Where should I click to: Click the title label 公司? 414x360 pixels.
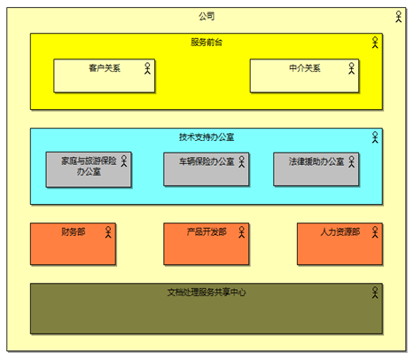pyautogui.click(x=207, y=16)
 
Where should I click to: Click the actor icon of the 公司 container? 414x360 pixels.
pyautogui.click(x=399, y=17)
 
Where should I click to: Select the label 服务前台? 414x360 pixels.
pyautogui.click(x=207, y=43)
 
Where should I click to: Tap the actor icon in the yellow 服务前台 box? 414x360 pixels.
pyautogui.click(x=375, y=43)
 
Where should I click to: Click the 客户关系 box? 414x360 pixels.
pyautogui.click(x=105, y=76)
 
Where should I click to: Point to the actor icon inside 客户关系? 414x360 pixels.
pyautogui.click(x=147, y=68)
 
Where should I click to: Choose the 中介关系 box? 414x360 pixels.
pyautogui.click(x=304, y=76)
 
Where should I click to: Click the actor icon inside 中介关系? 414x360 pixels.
pyautogui.click(x=351, y=68)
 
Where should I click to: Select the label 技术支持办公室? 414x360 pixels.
pyautogui.click(x=207, y=137)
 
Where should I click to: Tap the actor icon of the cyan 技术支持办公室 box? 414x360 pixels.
pyautogui.click(x=375, y=137)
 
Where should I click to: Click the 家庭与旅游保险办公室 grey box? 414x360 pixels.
pyautogui.click(x=89, y=169)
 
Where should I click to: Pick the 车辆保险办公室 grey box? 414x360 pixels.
pyautogui.click(x=207, y=169)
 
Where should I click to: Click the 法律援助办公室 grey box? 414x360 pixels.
pyautogui.click(x=316, y=169)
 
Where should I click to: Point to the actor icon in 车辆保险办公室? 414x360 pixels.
pyautogui.click(x=242, y=161)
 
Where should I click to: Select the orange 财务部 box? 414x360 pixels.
pyautogui.click(x=73, y=244)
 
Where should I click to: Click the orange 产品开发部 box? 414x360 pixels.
pyautogui.click(x=207, y=244)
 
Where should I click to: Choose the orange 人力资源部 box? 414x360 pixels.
pyautogui.click(x=340, y=244)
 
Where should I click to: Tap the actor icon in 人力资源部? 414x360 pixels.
pyautogui.click(x=375, y=232)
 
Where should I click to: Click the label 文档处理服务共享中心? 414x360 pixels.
pyautogui.click(x=207, y=293)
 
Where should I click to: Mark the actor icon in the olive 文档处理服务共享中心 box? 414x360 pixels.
pyautogui.click(x=375, y=293)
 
